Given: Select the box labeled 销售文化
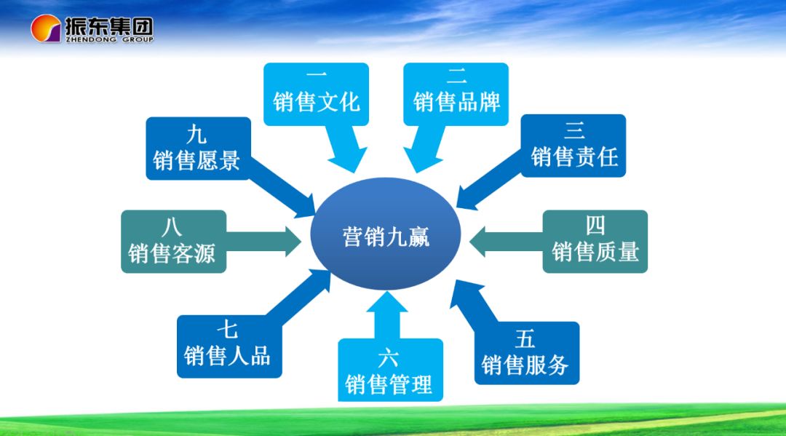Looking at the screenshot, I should (x=316, y=94).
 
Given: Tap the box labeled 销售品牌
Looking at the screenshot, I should (x=456, y=94).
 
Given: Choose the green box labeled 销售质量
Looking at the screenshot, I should (x=595, y=242).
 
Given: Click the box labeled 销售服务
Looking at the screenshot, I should (x=526, y=353).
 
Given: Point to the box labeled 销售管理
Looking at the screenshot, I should (x=389, y=370).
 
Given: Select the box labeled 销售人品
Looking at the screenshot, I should (x=229, y=346).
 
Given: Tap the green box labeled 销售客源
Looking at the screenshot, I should (x=173, y=242).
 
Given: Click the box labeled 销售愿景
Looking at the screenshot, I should (x=198, y=148).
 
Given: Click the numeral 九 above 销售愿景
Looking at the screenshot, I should (x=196, y=135).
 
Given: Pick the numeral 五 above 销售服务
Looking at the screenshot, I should (x=525, y=338).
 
